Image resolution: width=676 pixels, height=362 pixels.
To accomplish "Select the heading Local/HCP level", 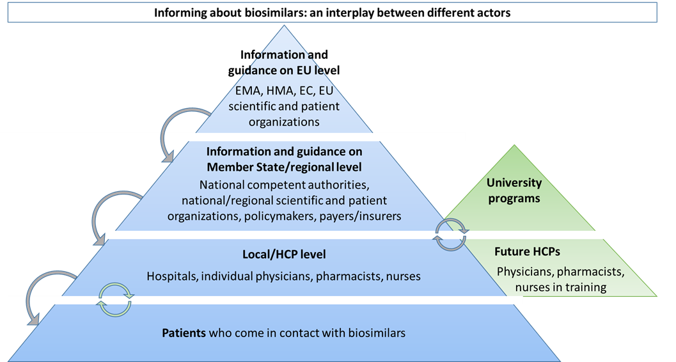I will point(284,255).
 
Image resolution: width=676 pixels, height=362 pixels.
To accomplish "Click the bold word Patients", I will point(183,333).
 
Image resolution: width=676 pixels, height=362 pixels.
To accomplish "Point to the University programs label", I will point(514,191).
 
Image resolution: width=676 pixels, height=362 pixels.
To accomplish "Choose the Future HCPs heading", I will point(527,251).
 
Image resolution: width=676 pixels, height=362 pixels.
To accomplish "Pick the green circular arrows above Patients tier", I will point(114,301).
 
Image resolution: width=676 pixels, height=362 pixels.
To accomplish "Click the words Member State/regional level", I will point(284,168).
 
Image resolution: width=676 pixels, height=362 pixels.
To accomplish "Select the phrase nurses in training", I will point(560,287).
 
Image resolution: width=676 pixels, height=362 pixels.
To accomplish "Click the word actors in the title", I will point(494,12).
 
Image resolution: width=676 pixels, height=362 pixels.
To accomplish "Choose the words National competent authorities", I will point(284,185).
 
